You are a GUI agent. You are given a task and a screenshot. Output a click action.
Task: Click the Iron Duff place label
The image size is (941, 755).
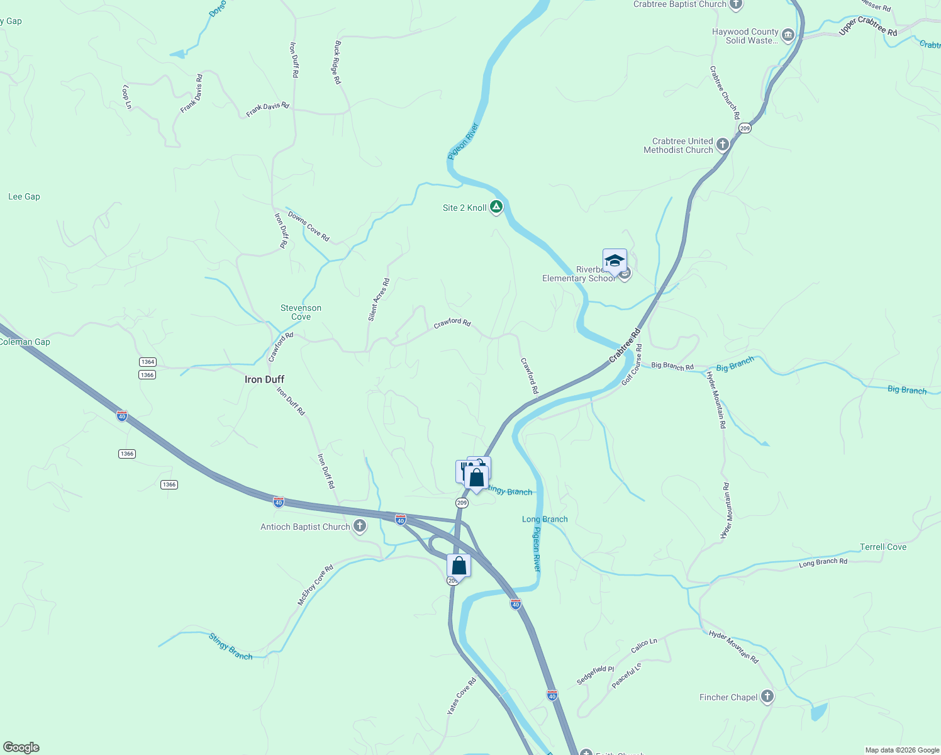coord(264,379)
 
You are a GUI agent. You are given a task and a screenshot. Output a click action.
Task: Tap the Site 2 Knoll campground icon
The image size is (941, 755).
coord(496,207)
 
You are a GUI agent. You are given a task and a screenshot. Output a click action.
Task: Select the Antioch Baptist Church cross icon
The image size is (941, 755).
coord(360,526)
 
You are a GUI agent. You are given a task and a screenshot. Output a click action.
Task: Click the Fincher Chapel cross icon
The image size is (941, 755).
coord(767,696)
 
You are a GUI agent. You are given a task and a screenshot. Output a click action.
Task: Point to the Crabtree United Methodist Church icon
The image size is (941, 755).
coord(722,145)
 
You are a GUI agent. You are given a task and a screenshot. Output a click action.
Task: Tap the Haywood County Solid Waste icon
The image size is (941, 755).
coord(788,35)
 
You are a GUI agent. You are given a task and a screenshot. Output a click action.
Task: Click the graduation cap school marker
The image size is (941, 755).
coord(614,260)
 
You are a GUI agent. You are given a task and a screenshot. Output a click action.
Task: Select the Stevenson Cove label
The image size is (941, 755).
coord(301,312)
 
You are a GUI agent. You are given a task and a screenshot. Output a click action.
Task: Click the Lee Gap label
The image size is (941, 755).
coord(24,196)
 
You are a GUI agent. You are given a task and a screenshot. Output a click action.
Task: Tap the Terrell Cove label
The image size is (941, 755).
coord(883,547)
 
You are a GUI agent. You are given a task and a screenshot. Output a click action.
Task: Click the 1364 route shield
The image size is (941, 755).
coord(148,362)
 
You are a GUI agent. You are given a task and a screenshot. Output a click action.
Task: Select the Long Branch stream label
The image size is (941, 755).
coord(545,519)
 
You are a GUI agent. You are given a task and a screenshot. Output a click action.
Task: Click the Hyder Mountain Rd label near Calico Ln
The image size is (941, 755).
coord(734,646)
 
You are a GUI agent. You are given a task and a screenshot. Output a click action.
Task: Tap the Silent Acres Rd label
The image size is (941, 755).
coord(379,299)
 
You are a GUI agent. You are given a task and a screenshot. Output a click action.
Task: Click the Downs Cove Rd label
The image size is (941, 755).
coord(308,226)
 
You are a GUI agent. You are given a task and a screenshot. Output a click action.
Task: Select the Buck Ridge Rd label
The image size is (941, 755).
coord(338,63)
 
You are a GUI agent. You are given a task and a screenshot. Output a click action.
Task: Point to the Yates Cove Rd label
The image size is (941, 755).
coord(462,695)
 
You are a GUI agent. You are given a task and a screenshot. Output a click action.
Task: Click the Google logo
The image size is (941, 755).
coord(21,747)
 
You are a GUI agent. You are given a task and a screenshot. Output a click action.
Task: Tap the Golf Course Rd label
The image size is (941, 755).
coord(632,364)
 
